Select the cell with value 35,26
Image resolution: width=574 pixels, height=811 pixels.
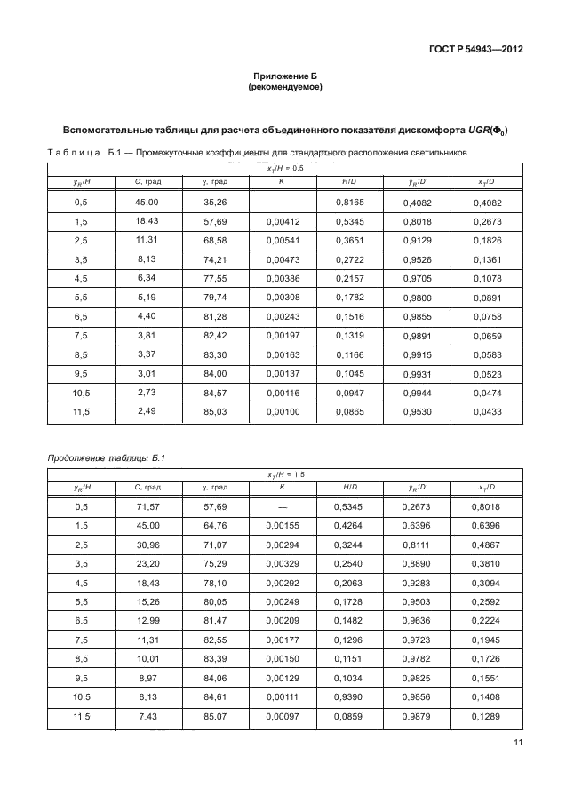(215, 203)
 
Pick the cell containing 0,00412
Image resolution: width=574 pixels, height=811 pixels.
(282, 220)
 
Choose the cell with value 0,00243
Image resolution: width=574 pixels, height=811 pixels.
(282, 314)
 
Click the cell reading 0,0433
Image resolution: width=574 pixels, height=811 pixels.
(486, 411)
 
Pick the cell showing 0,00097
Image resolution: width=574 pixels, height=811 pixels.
(282, 716)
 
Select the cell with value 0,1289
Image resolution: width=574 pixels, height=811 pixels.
(486, 716)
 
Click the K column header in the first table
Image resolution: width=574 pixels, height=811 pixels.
(282, 182)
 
